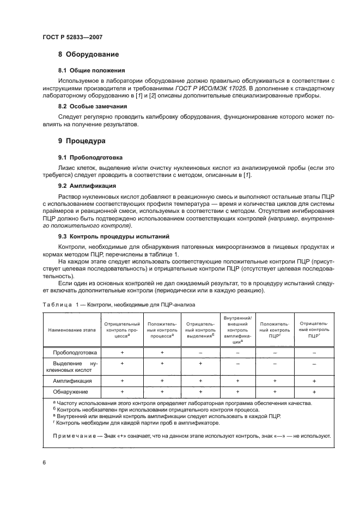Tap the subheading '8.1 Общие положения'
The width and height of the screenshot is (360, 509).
[x=91, y=71]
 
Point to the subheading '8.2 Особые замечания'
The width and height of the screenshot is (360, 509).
[x=93, y=106]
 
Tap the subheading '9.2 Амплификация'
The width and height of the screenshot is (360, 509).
[x=87, y=186]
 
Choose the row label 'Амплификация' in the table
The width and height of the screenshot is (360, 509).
[x=76, y=381]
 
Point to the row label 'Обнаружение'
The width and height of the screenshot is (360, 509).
[x=76, y=391]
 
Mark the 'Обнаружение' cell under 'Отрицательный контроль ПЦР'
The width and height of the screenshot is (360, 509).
[x=314, y=391]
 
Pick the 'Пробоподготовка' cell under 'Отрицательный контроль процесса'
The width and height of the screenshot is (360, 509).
[x=123, y=353]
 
